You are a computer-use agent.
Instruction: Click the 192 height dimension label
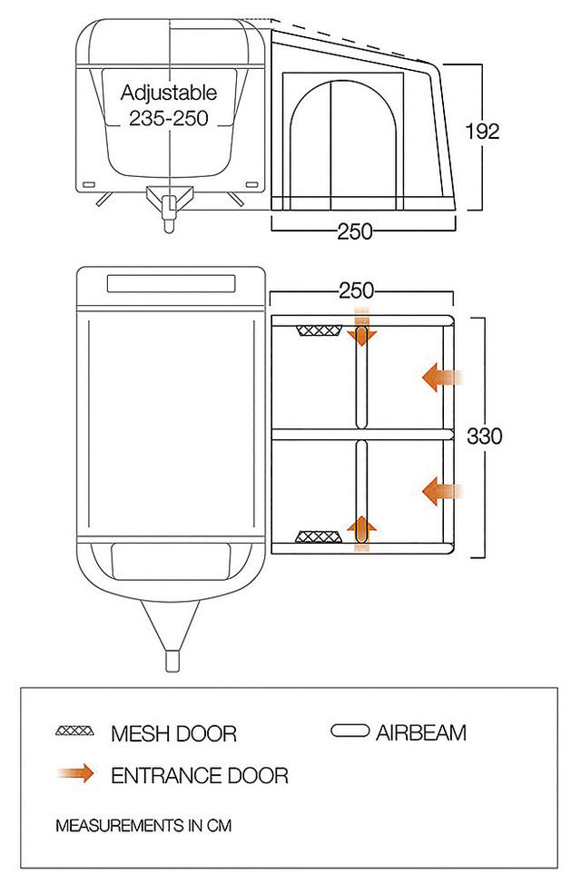[x=482, y=131]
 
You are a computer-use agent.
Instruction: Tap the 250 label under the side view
[x=355, y=231]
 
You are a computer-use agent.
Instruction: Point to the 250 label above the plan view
[x=356, y=290]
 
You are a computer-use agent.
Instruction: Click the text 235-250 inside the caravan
[x=170, y=117]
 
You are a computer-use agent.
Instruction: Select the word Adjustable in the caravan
[x=170, y=93]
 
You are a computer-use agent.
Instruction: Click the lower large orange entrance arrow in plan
[x=443, y=491]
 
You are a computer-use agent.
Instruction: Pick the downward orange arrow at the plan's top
[x=361, y=332]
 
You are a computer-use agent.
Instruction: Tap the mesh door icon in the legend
[x=75, y=732]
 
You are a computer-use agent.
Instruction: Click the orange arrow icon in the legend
[x=75, y=774]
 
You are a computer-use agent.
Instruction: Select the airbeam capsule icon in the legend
[x=350, y=731]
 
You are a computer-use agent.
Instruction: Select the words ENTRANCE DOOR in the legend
[x=199, y=775]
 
